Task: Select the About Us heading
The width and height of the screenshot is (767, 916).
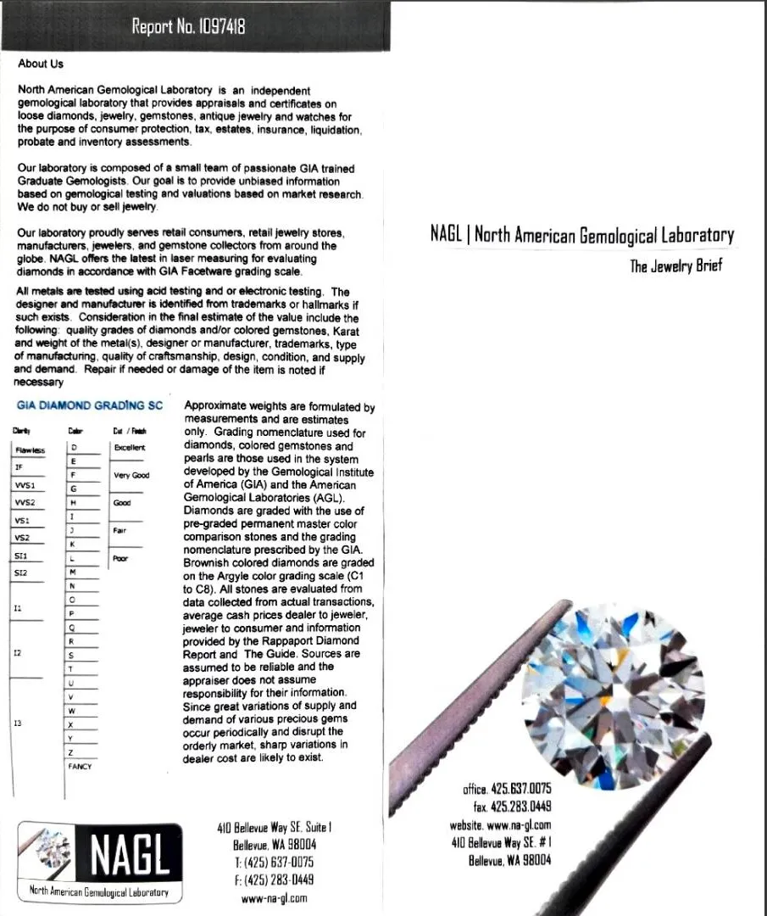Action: pyautogui.click(x=41, y=64)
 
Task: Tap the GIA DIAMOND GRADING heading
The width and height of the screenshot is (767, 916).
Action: pyautogui.click(x=90, y=405)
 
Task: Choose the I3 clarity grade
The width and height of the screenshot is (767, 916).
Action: pyautogui.click(x=18, y=723)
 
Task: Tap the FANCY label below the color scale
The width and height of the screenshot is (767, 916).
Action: pyautogui.click(x=80, y=766)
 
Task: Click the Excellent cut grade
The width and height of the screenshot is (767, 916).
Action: pyautogui.click(x=130, y=447)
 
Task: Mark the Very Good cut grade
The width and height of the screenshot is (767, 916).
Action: pyautogui.click(x=131, y=476)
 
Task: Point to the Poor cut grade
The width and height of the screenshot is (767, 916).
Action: pyautogui.click(x=119, y=559)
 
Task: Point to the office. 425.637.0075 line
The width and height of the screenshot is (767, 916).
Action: pyautogui.click(x=507, y=789)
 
